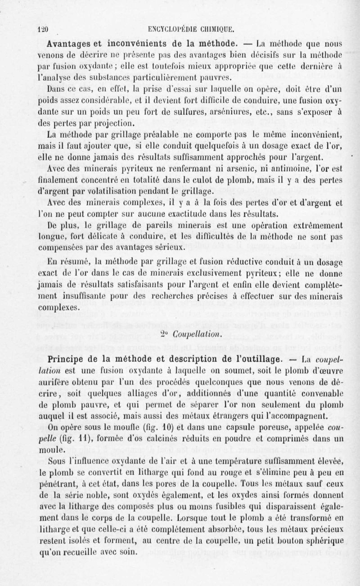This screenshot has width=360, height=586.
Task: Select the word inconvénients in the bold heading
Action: click(137, 44)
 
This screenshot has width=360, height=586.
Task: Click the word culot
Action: click(189, 179)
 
